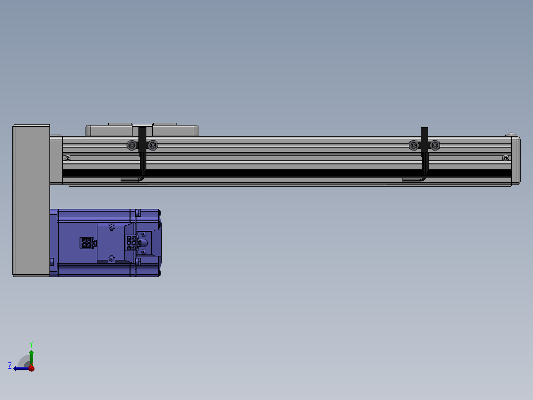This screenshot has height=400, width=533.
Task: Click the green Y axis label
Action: (31, 343)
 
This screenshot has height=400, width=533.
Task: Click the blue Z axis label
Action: (10, 366)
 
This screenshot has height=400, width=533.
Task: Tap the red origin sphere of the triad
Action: (31, 368)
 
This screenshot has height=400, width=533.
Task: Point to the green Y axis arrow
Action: (31, 356)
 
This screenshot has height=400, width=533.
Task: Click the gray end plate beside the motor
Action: (31, 200)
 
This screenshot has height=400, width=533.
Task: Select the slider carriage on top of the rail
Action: (142, 131)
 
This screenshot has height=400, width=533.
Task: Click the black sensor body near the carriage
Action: (142, 140)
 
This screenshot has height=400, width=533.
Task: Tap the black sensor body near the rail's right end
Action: (424, 140)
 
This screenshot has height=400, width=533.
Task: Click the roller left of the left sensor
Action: (132, 145)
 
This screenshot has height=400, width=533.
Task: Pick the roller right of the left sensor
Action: (153, 145)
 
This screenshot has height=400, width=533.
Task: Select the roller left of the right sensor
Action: (414, 145)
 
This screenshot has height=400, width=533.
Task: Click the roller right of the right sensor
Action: (435, 145)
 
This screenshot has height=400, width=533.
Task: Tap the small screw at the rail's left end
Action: (68, 158)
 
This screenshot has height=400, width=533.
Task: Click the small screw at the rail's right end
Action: (505, 158)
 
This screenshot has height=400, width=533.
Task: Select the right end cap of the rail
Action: (515, 160)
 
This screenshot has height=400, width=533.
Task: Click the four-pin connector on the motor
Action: (86, 243)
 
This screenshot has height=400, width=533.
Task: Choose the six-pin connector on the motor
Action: (132, 243)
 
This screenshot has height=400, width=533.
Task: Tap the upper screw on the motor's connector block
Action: (111, 227)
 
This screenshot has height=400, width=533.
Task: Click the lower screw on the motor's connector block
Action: (111, 258)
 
